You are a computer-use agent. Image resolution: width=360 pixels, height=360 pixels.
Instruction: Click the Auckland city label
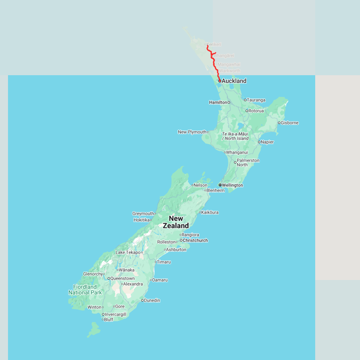[234, 81]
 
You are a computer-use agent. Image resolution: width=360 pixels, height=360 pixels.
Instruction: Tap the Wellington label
[232, 185]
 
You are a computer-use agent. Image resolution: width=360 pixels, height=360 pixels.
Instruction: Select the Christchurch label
[195, 240]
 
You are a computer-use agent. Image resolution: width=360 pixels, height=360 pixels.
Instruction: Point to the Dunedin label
[152, 300]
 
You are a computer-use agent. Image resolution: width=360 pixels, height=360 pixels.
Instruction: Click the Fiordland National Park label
[85, 290]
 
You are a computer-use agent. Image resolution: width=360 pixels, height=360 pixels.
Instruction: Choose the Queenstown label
[122, 278]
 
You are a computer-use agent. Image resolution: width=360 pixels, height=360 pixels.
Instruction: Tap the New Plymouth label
[192, 132]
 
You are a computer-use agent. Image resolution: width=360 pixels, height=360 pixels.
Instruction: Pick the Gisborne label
[290, 123]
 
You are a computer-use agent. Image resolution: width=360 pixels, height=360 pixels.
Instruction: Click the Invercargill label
[115, 314]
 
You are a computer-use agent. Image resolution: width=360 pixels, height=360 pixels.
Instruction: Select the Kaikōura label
[210, 212]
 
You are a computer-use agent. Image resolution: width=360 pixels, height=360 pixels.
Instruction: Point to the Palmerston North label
[248, 162]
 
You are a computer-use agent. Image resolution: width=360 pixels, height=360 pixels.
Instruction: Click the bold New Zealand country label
[176, 222]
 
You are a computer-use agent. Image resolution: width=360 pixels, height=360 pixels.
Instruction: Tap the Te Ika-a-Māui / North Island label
[235, 136]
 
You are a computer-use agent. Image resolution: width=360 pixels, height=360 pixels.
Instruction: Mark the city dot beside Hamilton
[229, 102]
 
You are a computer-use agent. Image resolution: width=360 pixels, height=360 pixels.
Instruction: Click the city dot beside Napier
[259, 142]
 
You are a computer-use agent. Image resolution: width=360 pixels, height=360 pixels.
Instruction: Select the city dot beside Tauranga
[245, 100]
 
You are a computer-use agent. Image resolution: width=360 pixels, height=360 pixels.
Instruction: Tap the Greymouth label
[143, 214]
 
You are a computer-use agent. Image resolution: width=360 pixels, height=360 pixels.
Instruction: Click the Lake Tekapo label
[128, 252]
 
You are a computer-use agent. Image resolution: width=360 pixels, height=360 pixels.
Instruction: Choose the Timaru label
[164, 262]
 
